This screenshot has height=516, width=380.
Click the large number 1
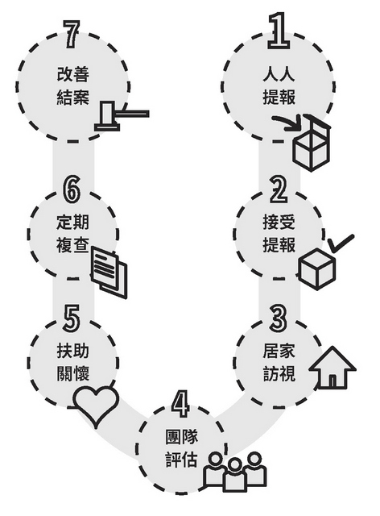[279, 31]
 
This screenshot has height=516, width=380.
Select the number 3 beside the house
[279, 318]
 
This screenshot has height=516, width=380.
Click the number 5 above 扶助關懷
[72, 318]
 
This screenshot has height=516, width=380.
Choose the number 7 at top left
[72, 34]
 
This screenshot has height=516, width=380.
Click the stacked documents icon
[109, 273]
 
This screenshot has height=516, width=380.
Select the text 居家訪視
[279, 363]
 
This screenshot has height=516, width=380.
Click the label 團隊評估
[181, 448]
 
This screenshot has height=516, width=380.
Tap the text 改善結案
[73, 85]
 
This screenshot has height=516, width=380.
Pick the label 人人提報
[279, 85]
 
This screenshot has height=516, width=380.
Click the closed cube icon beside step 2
[317, 269]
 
